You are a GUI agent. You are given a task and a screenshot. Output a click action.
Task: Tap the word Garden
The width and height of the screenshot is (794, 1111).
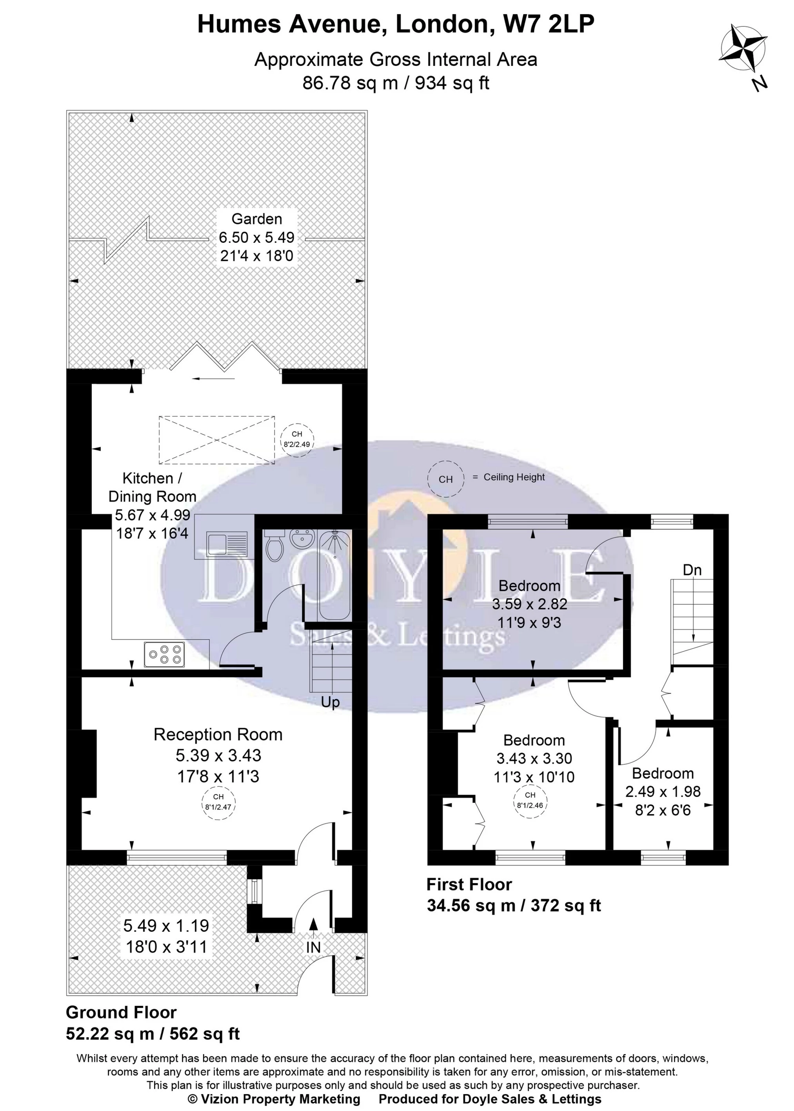click(x=257, y=218)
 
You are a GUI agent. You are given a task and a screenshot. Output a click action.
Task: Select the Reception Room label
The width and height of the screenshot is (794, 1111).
click(x=218, y=735)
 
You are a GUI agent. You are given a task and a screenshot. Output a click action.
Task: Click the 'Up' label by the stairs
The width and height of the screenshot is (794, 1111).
click(x=330, y=703)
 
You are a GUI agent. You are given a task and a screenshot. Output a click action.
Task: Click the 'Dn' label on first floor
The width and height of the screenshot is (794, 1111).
click(x=692, y=570)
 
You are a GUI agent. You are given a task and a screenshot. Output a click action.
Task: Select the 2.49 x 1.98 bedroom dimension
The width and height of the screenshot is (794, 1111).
click(x=663, y=791)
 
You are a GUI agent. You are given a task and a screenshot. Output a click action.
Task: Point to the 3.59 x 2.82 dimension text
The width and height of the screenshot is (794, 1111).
click(x=529, y=604)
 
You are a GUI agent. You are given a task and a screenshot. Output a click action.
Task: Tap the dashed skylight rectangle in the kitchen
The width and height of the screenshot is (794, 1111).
click(x=216, y=440)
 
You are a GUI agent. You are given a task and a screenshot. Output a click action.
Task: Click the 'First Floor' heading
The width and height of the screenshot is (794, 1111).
click(x=469, y=885)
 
